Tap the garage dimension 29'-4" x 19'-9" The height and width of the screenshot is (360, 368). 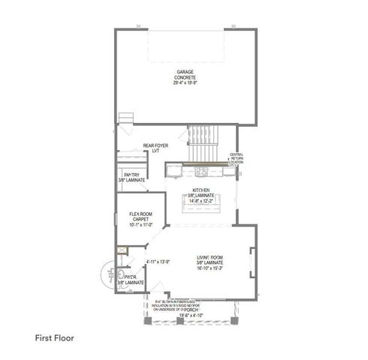click(185, 82)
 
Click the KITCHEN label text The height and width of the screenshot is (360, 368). click(201, 190)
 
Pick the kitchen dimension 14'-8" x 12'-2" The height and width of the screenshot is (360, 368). click(201, 201)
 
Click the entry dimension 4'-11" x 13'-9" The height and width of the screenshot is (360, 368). click(158, 261)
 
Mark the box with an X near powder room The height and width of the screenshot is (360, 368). click(121, 252)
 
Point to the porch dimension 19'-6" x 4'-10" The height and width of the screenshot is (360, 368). click(190, 316)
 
